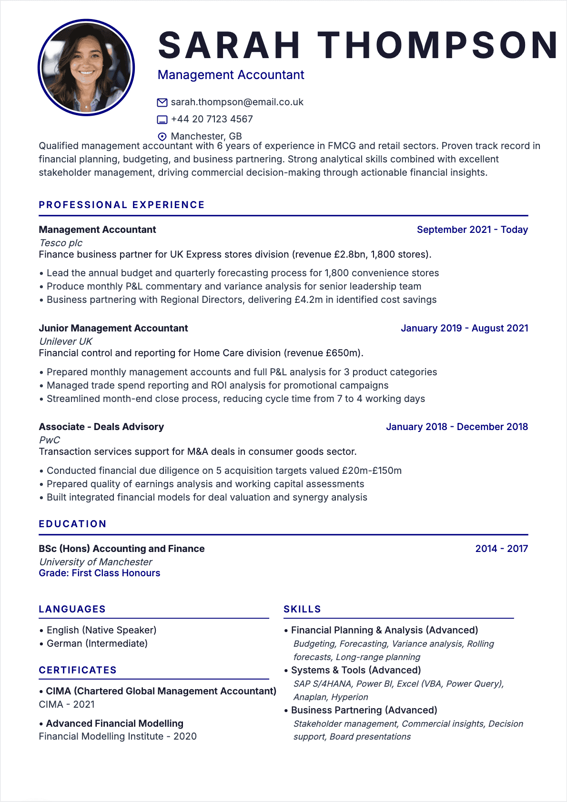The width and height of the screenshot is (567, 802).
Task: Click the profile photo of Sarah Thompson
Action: (x=86, y=67)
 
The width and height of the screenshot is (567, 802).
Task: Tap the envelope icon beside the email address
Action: (x=162, y=102)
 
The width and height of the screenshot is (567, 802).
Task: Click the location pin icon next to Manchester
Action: (x=162, y=137)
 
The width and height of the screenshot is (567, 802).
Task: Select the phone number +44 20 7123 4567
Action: (x=212, y=119)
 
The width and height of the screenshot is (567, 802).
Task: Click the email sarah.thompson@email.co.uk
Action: (x=237, y=102)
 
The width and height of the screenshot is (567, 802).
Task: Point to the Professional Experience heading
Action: (x=121, y=205)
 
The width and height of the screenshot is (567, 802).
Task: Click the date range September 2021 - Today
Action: (x=472, y=230)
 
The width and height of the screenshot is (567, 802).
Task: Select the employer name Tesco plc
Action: (x=61, y=243)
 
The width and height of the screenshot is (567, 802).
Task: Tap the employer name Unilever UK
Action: (x=66, y=341)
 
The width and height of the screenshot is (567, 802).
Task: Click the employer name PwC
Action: (x=50, y=440)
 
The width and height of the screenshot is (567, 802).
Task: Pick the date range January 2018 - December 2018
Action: (x=456, y=427)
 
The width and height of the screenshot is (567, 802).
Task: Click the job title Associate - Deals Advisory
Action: (x=101, y=427)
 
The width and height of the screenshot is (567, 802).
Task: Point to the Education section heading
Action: (x=72, y=524)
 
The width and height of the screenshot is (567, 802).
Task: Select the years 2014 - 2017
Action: (x=501, y=549)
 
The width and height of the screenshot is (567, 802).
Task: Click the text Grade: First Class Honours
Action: (x=99, y=573)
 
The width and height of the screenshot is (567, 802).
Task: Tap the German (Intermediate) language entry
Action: (x=97, y=643)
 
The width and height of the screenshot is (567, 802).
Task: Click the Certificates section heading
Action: (x=78, y=670)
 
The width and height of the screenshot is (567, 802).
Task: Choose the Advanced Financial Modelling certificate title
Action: (x=114, y=723)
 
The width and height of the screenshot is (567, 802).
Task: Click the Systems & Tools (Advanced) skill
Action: (x=356, y=670)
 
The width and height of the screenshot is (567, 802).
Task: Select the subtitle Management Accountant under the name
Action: (x=231, y=75)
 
